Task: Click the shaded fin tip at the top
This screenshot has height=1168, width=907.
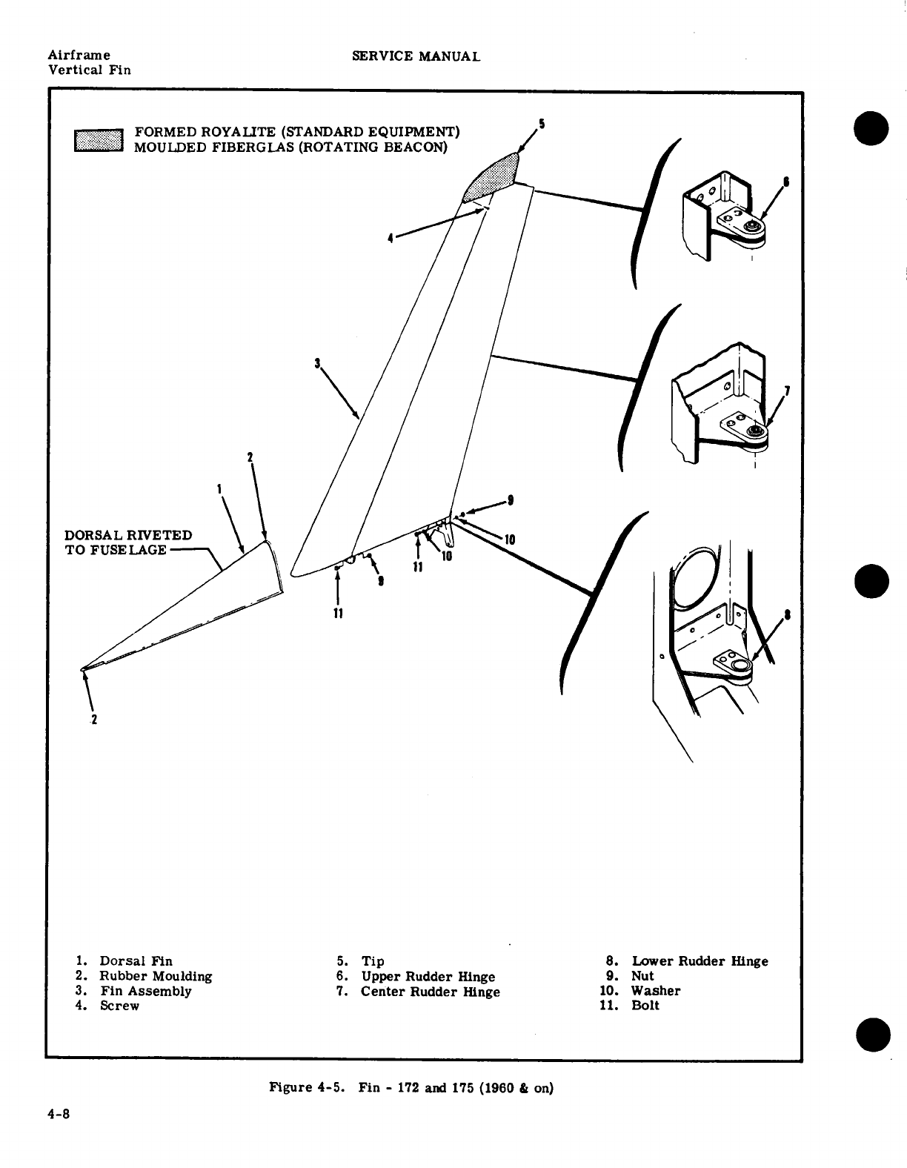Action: (490, 176)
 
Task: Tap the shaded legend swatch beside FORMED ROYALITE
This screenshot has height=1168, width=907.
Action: (98, 139)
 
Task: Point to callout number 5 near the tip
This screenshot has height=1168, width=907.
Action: (542, 125)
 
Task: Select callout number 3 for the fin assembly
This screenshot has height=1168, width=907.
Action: (317, 363)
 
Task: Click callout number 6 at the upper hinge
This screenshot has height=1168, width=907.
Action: (786, 181)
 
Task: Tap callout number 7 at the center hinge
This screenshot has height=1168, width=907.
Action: (787, 391)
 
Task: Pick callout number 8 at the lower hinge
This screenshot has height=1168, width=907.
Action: (787, 614)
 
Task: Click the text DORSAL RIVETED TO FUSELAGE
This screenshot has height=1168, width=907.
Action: (128, 542)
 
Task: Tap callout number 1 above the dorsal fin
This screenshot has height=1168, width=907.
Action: (219, 488)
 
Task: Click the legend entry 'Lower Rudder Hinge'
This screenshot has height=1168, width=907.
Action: (699, 961)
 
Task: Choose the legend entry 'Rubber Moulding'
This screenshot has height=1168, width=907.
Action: (156, 976)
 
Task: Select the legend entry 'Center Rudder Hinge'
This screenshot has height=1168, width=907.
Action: (430, 992)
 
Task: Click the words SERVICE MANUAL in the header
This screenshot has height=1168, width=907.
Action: (416, 56)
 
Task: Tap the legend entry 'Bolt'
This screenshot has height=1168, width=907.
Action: (645, 1006)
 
